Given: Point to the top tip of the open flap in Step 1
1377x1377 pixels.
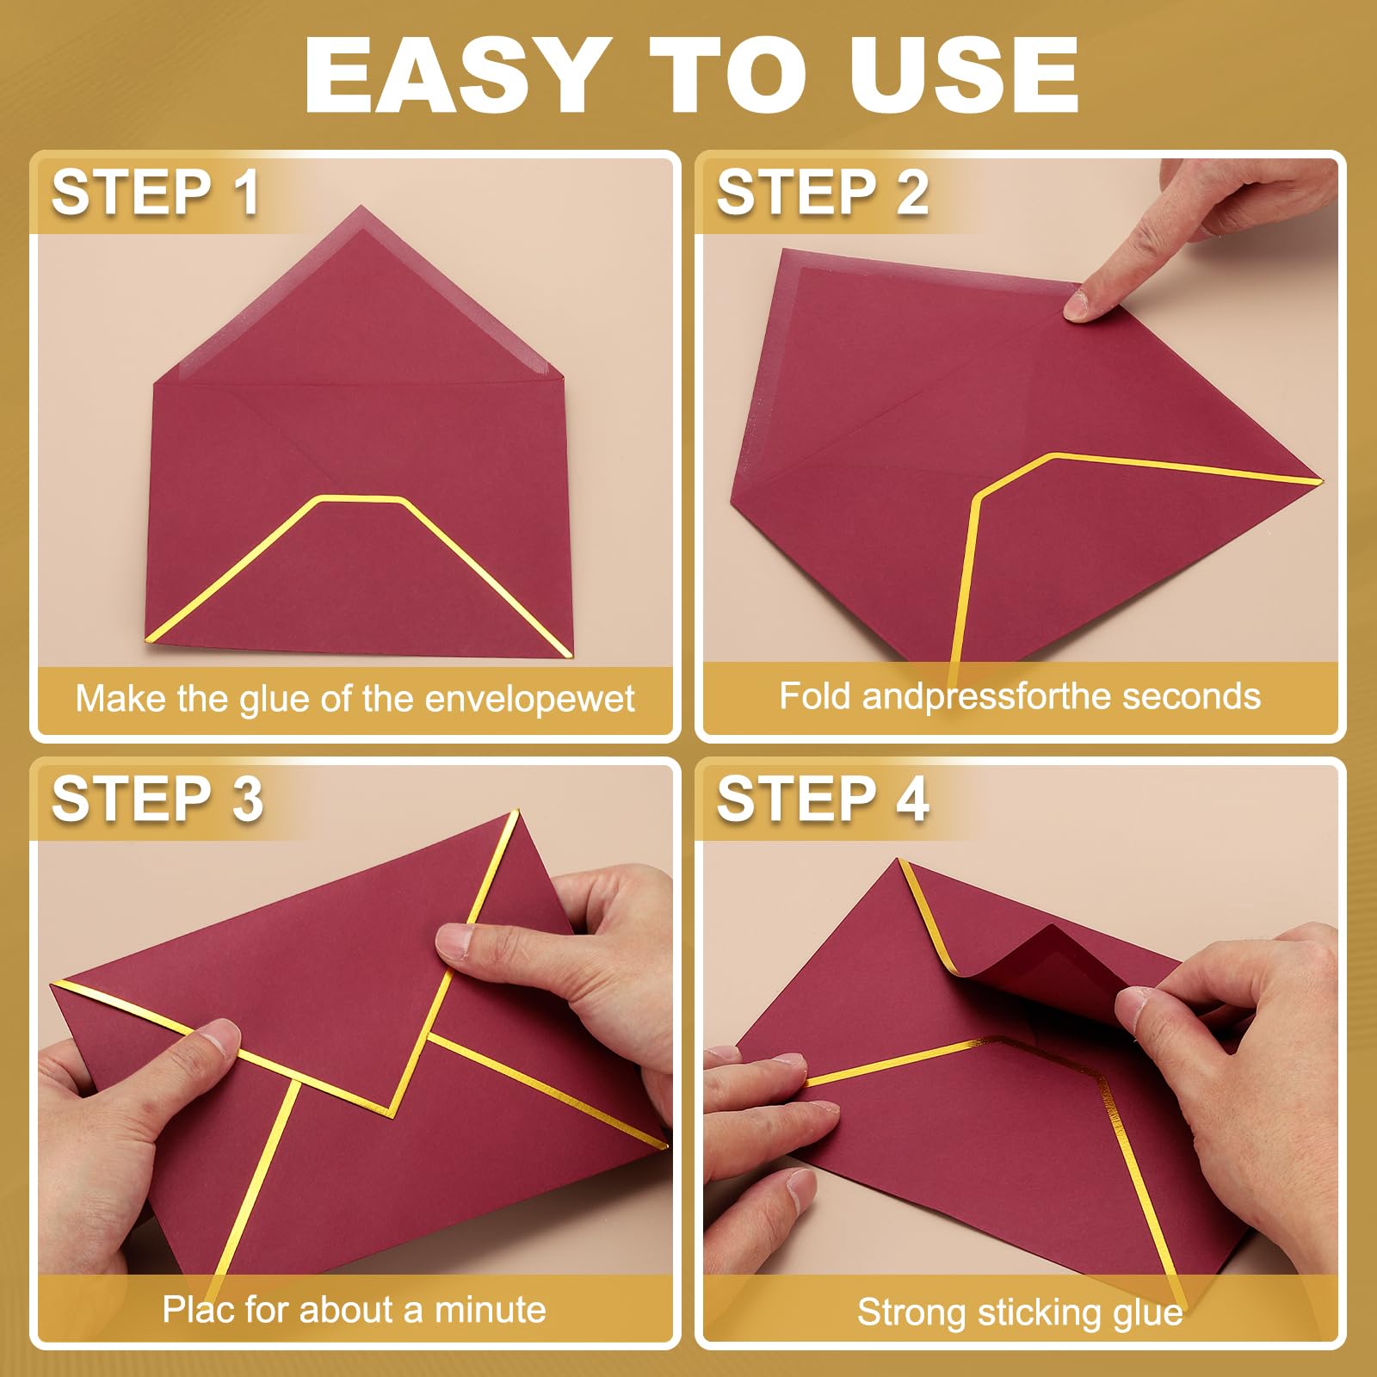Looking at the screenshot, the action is (x=361, y=207).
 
